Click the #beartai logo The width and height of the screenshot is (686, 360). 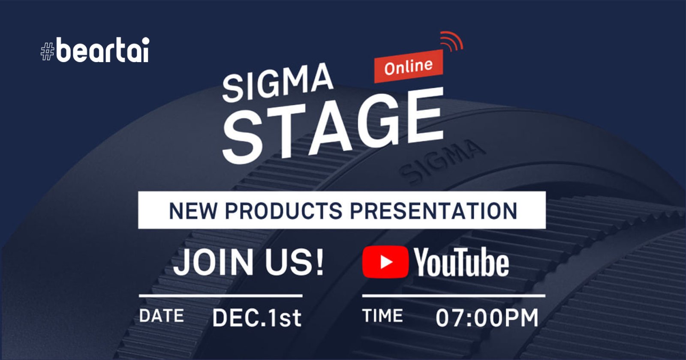(95, 51)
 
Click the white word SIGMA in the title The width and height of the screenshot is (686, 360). (277, 82)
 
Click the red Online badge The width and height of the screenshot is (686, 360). (408, 67)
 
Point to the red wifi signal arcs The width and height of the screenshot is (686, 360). (451, 41)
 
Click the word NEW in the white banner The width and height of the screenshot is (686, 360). (192, 211)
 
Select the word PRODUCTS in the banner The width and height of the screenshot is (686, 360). (283, 211)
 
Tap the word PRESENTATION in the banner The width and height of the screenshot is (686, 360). (433, 211)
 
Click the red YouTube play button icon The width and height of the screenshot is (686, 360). (385, 262)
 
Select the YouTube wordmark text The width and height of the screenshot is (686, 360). (461, 263)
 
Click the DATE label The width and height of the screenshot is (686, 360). (161, 316)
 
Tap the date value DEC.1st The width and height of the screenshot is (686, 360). (256, 318)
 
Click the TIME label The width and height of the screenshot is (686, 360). (382, 316)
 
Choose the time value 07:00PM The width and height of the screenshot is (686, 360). (487, 318)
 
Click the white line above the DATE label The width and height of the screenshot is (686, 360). (220, 296)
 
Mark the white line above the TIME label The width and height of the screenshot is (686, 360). (453, 296)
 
